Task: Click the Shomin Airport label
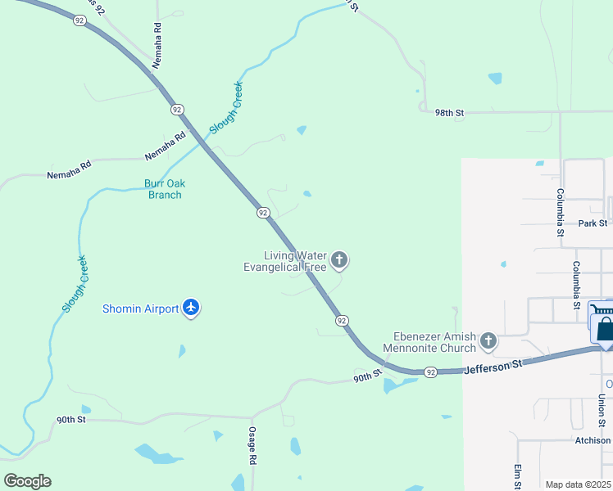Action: [140, 309]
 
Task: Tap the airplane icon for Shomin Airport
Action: [192, 309]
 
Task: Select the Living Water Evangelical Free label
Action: [285, 261]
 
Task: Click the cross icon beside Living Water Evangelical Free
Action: [339, 261]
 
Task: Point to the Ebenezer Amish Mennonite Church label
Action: [434, 342]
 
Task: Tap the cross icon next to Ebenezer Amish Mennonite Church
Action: [488, 340]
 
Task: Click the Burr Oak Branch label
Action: [162, 189]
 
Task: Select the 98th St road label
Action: [449, 113]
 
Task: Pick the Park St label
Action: [592, 223]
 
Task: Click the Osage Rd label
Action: [253, 448]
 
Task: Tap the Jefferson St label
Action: [493, 367]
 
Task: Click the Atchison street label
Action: [593, 440]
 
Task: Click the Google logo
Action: [27, 481]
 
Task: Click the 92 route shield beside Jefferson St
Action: [431, 372]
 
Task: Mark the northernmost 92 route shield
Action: [79, 20]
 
